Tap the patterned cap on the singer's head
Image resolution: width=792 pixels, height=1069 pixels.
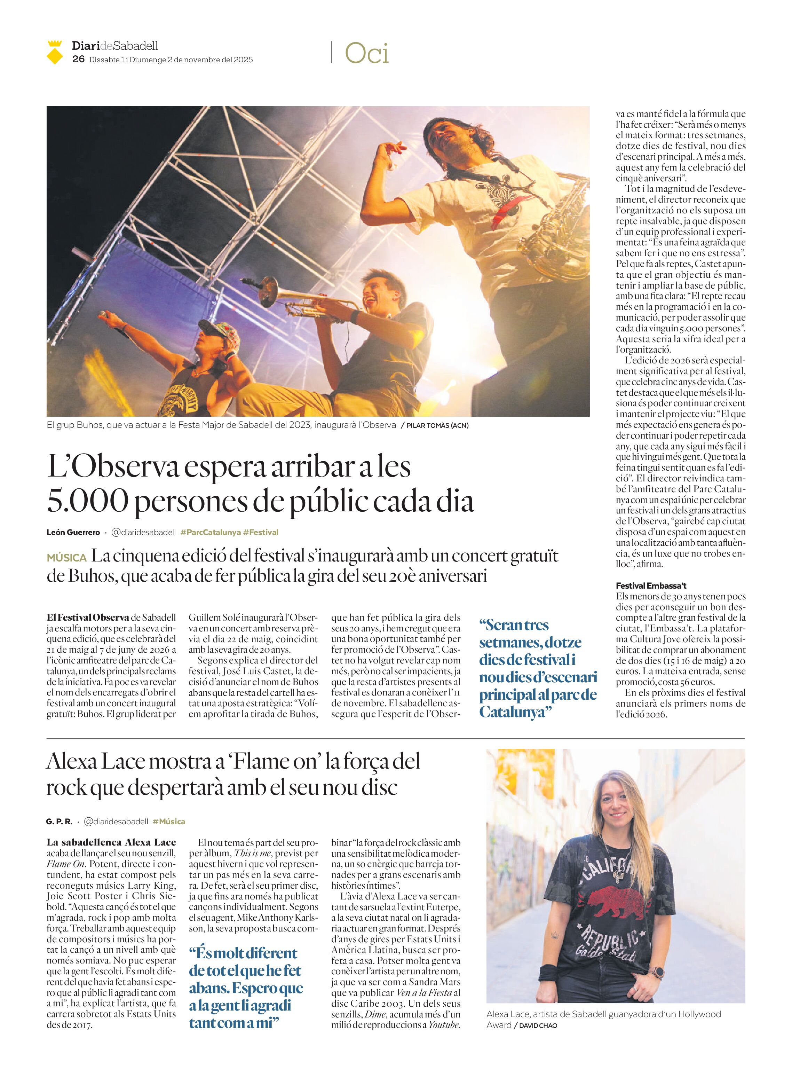coord(222,330)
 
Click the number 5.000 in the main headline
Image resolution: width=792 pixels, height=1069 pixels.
coord(88,502)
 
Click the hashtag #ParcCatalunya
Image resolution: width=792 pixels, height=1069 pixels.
coord(211,532)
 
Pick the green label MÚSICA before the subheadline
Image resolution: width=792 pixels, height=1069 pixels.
coord(67,558)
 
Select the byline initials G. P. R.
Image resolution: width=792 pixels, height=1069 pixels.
coord(59,822)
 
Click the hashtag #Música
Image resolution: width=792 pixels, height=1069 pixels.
coord(169,822)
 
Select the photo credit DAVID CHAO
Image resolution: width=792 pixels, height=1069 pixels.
coord(538,1026)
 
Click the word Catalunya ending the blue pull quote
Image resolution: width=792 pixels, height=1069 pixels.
coord(513,713)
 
